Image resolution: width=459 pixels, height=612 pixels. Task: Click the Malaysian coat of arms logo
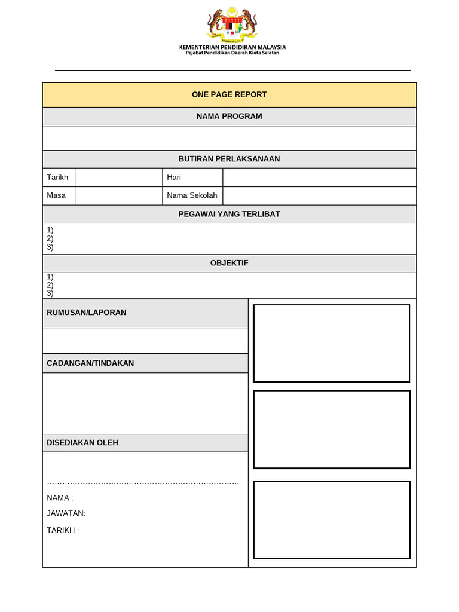tap(232, 24)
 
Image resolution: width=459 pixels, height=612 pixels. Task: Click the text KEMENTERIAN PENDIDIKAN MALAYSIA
tap(232, 47)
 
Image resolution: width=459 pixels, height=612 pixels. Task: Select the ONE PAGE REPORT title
tap(229, 94)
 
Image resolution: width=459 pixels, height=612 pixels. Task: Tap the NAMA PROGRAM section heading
tap(229, 116)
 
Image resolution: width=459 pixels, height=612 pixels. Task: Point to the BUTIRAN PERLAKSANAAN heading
tap(229, 159)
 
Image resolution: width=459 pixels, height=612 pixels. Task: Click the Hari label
tap(174, 178)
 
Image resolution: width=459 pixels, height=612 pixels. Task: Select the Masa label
tap(56, 195)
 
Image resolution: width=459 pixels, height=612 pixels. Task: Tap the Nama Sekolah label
tap(192, 195)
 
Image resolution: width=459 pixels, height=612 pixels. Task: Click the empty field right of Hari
tap(319, 178)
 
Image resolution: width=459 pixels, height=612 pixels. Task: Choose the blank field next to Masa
tap(118, 195)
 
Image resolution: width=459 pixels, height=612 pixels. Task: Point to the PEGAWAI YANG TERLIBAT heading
tap(229, 214)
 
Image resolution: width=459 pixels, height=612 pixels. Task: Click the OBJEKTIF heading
tap(229, 263)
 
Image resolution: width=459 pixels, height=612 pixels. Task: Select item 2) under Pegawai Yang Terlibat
tap(50, 238)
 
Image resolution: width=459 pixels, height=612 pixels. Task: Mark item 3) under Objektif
tap(50, 293)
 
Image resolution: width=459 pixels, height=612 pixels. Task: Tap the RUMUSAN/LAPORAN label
tap(86, 312)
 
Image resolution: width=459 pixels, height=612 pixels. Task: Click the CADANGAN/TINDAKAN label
tap(90, 363)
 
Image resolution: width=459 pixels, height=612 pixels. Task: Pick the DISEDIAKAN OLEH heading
tap(82, 443)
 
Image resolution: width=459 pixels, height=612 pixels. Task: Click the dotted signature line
tap(143, 482)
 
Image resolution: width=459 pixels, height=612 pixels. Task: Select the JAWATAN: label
tap(66, 513)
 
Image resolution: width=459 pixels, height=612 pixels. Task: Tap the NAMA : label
tap(60, 498)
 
